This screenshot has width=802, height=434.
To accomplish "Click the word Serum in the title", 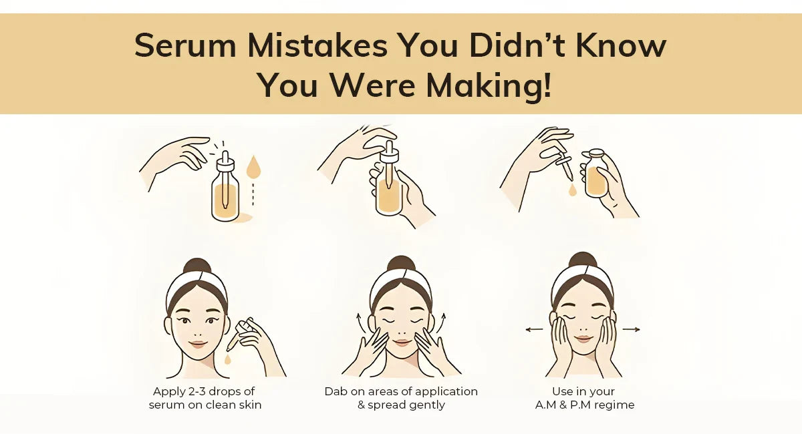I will pyautogui.click(x=186, y=45).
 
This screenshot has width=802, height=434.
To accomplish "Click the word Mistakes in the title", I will pyautogui.click(x=320, y=45).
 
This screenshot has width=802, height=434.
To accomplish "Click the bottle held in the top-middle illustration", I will pyautogui.click(x=389, y=190).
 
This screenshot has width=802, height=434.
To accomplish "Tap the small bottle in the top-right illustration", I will pyautogui.click(x=596, y=175).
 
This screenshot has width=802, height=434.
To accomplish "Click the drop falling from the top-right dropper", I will pyautogui.click(x=573, y=190).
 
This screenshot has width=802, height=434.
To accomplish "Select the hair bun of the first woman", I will pyautogui.click(x=196, y=266).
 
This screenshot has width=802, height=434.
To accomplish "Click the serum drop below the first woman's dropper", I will pyautogui.click(x=228, y=359).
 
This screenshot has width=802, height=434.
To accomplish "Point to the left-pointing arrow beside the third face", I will pyautogui.click(x=533, y=329).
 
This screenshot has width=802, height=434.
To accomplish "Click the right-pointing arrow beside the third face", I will pyautogui.click(x=632, y=329).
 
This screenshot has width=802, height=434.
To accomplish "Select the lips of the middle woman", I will pyautogui.click(x=402, y=343).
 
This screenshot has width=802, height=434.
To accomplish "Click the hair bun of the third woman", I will pyautogui.click(x=583, y=260).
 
